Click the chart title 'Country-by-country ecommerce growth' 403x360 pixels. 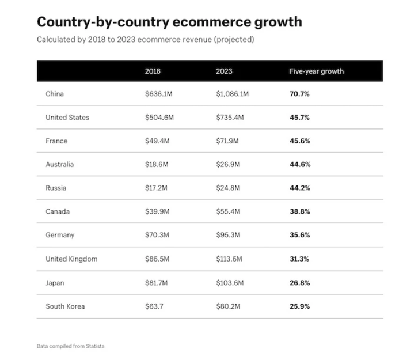[x=169, y=22]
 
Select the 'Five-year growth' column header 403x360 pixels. [x=316, y=71]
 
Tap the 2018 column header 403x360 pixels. [x=153, y=71]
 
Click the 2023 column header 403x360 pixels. [x=224, y=71]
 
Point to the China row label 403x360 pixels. [x=55, y=94]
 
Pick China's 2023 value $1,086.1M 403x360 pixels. [x=232, y=94]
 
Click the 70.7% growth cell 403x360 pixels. [x=299, y=94]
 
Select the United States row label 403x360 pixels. [x=67, y=118]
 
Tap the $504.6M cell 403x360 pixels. [x=159, y=118]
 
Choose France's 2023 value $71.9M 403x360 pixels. [x=228, y=141]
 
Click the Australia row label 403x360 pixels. [x=60, y=165]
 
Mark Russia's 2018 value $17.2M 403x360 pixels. [x=157, y=188]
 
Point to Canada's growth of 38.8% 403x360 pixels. [x=299, y=212]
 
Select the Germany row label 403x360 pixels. [x=60, y=236]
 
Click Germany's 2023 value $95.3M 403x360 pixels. [x=228, y=236]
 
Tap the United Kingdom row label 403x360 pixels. [x=71, y=259]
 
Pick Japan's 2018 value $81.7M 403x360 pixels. [x=157, y=283]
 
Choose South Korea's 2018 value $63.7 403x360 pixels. [x=154, y=306]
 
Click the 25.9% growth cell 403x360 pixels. [x=299, y=306]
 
